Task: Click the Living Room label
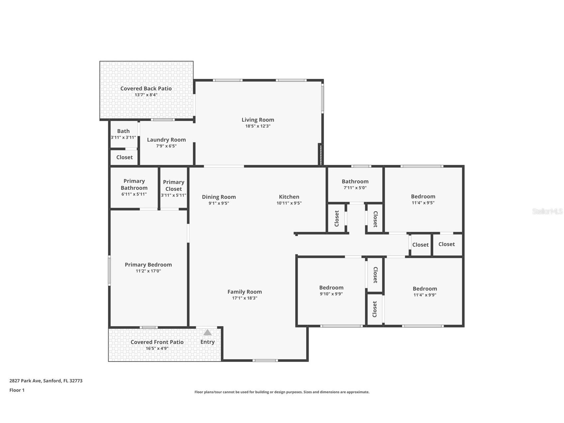(x=258, y=120)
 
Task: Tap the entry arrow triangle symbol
(x=207, y=333)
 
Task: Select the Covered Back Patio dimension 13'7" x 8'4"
(x=146, y=95)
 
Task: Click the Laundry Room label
(x=166, y=140)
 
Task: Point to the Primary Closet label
(x=173, y=185)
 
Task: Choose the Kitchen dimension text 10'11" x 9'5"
(x=289, y=203)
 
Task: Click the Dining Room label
(x=219, y=197)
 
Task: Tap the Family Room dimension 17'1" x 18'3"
(x=245, y=298)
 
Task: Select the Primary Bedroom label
(x=148, y=265)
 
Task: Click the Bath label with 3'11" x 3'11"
(x=123, y=131)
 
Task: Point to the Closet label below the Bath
(x=124, y=157)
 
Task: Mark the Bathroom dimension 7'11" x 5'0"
(x=355, y=188)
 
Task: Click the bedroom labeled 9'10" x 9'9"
(x=331, y=288)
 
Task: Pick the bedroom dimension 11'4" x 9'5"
(x=423, y=203)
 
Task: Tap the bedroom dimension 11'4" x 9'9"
(x=425, y=295)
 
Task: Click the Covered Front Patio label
(x=157, y=342)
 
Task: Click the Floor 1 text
(x=17, y=390)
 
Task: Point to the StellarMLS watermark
(x=547, y=211)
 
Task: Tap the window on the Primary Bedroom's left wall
(x=109, y=270)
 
